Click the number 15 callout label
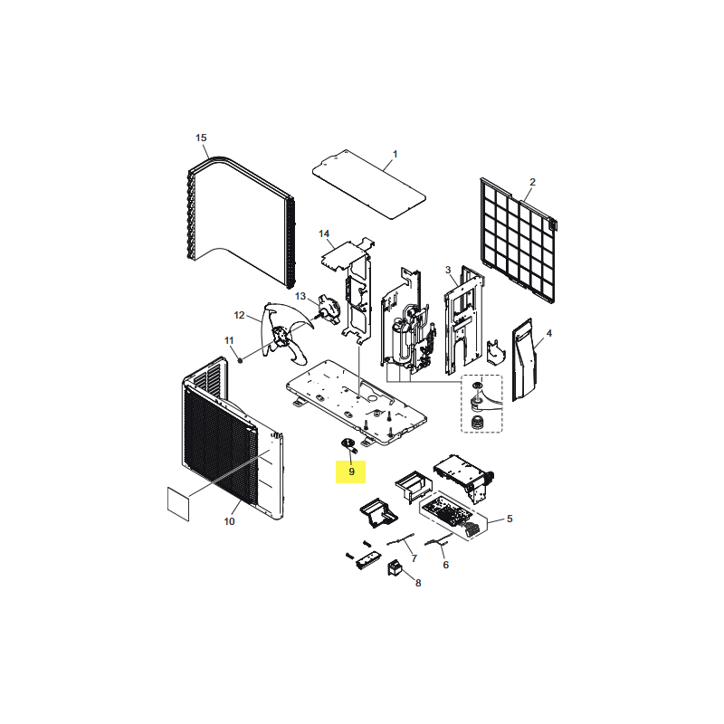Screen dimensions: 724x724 [201, 138]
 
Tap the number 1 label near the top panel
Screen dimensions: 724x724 [395, 154]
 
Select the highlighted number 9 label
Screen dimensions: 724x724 [351, 472]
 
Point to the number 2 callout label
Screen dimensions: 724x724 [532, 182]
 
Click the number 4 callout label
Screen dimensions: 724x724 [549, 333]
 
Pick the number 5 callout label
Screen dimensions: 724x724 [510, 519]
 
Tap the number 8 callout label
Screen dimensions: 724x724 [418, 583]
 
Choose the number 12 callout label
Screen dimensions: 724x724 [239, 315]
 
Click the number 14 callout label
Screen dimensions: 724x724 [324, 233]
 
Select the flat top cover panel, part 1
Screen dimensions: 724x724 [369, 185]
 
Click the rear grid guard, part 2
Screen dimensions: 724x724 [518, 240]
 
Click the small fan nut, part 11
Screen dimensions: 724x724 [240, 359]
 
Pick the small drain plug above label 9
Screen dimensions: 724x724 [349, 445]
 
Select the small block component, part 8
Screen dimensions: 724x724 [394, 567]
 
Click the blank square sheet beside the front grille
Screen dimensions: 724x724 [178, 504]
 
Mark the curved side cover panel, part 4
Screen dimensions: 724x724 [524, 359]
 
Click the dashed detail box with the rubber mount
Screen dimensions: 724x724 [481, 404]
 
